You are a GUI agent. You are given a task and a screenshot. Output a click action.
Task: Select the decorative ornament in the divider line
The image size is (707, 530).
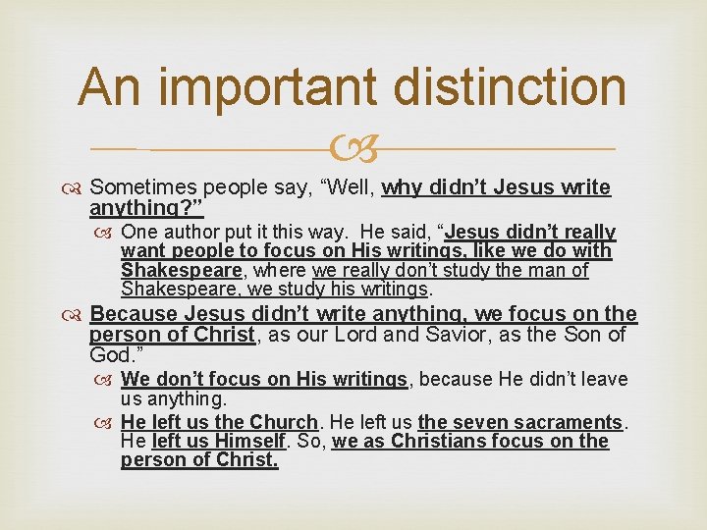pos(353,149)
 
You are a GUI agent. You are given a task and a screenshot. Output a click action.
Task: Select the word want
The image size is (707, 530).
pos(140,251)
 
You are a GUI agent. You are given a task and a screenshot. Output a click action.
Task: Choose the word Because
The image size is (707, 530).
pos(134,314)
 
